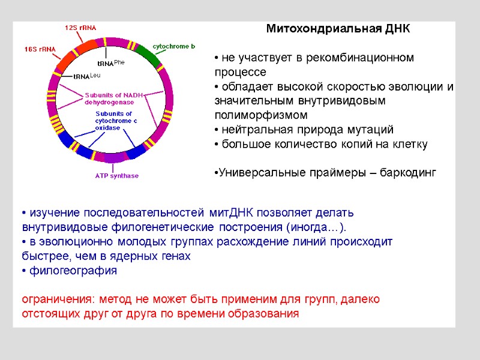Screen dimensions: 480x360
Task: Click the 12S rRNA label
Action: [80, 28]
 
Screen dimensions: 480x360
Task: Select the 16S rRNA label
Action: [40, 49]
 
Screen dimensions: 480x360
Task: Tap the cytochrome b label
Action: [173, 46]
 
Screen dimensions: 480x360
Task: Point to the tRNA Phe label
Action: [110, 62]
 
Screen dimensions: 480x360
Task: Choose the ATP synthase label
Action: [116, 176]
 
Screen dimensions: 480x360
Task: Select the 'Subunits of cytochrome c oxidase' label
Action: [116, 120]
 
